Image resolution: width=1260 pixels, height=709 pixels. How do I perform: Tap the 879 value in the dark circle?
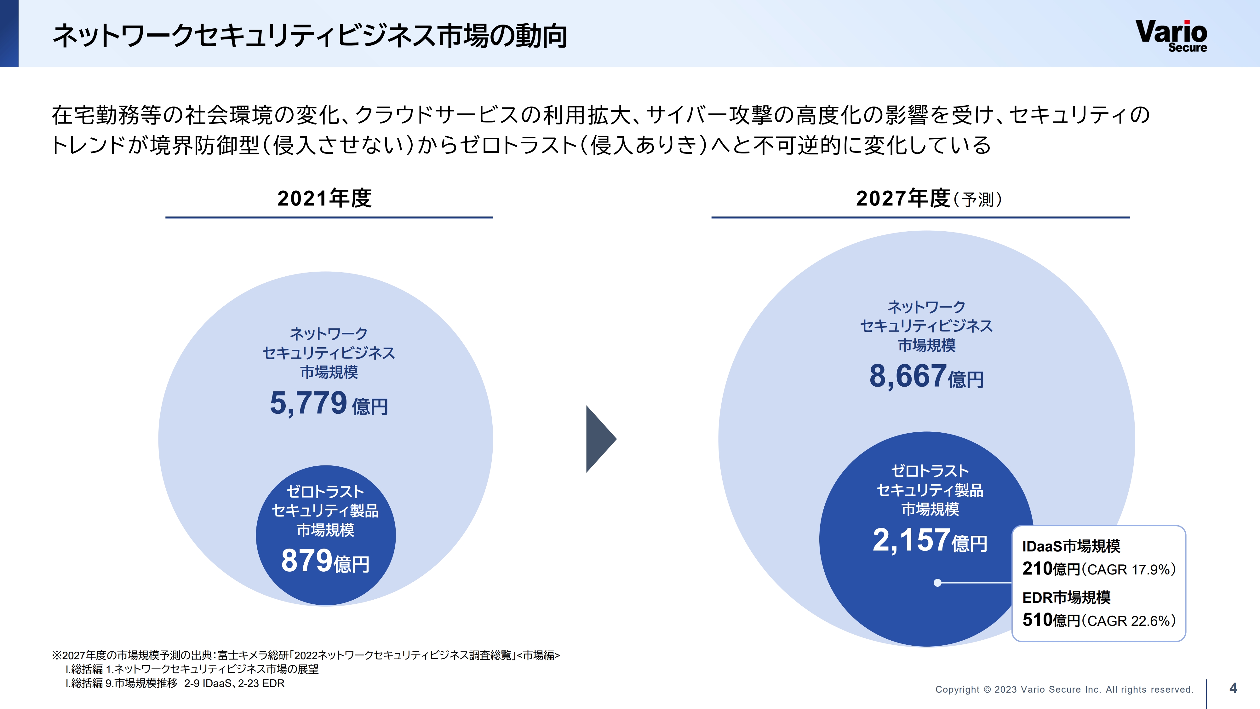coord(307,561)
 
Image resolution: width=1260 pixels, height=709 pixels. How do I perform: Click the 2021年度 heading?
coord(324,198)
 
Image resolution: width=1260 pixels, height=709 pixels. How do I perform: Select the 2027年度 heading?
coord(902,198)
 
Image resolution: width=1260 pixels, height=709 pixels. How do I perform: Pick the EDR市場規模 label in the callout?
coord(1066,597)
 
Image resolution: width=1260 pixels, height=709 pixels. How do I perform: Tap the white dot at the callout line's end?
coord(937,583)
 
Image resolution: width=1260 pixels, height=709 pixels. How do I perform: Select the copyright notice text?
coord(1064,689)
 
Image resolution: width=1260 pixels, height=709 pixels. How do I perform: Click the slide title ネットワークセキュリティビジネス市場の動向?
coord(310,36)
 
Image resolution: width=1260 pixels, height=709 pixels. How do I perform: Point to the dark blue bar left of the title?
coord(9,33)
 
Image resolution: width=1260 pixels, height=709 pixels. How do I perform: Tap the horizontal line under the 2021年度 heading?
coord(329,217)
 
